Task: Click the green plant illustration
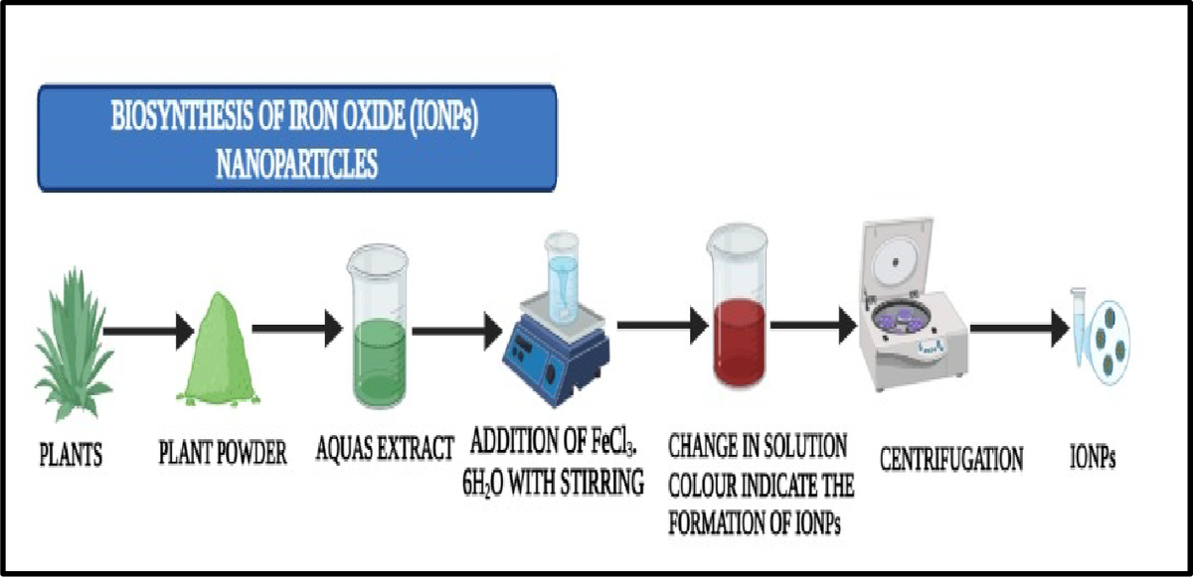[74, 346]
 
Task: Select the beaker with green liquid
[378, 326]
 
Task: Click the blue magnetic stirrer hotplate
[556, 351]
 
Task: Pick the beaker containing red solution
[739, 305]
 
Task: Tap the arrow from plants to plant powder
[148, 332]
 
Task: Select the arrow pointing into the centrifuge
[813, 326]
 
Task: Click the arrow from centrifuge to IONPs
[1019, 329]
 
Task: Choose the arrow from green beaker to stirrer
[457, 332]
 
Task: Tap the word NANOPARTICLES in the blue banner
[296, 163]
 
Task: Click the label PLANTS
[71, 455]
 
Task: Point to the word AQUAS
[344, 448]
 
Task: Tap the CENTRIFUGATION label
[951, 459]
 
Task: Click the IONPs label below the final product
[1093, 456]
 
